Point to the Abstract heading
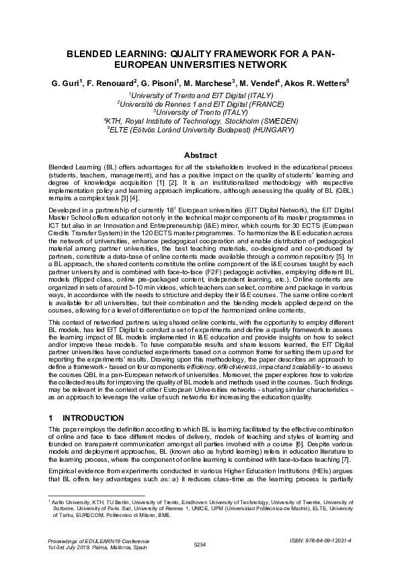tap(200, 155)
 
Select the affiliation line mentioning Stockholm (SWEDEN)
tap(200, 121)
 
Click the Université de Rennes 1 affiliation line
tap(200, 104)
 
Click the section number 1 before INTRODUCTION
tap(51, 418)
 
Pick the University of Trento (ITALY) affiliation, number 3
tap(200, 112)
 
